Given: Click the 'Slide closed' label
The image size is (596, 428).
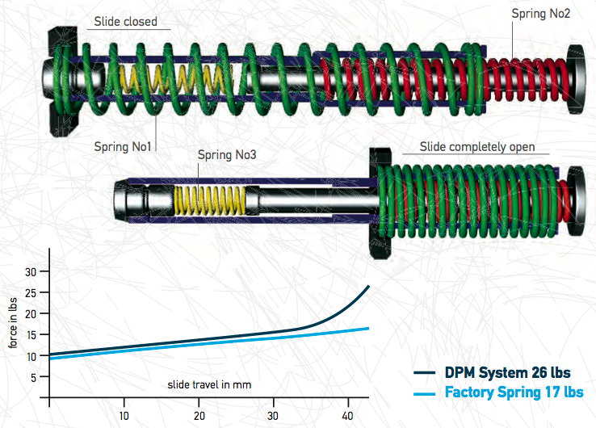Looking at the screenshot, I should pos(125,22).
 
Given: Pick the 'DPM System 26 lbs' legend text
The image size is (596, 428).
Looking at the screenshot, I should pos(507,373).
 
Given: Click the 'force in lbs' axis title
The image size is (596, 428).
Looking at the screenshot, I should pos(14,324).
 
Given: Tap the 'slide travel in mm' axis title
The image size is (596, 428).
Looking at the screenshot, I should pos(210,384).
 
